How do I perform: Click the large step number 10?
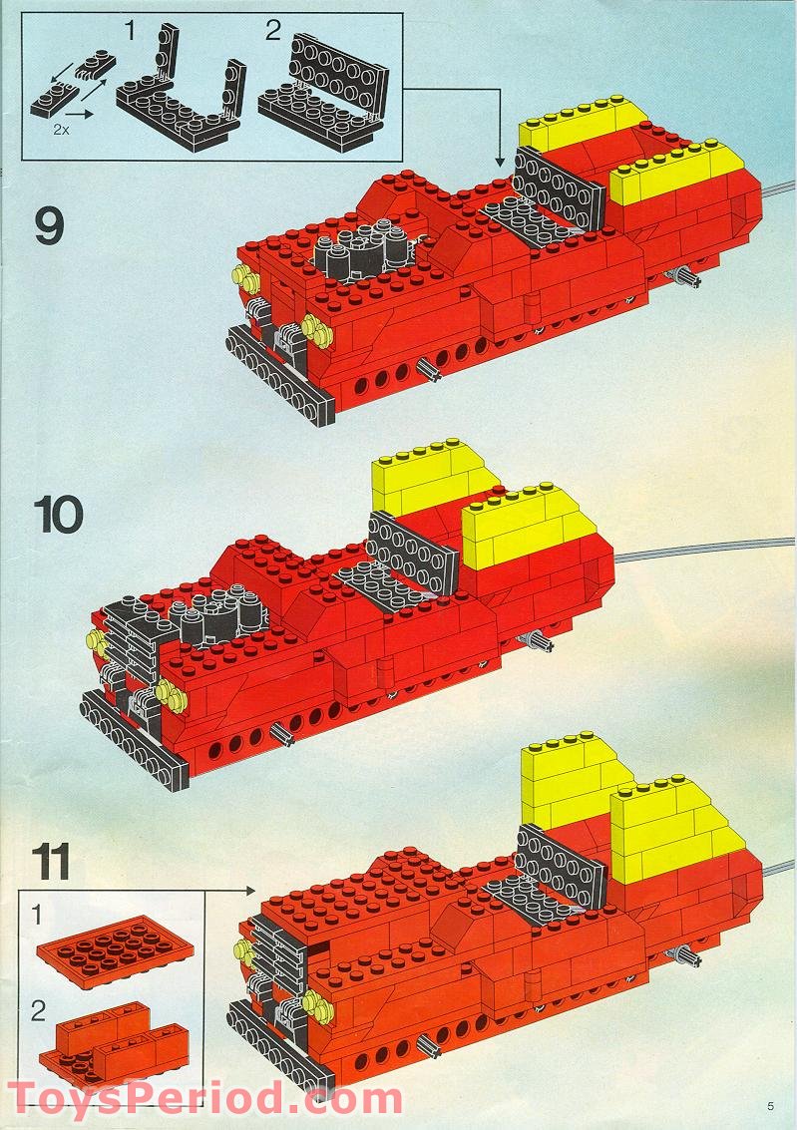pos(58,515)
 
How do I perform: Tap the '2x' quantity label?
pos(62,131)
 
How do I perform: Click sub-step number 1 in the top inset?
pos(130,31)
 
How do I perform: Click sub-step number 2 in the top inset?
pos(273,31)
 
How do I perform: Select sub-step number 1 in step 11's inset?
pos(38,916)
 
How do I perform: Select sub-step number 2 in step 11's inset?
pos(38,1011)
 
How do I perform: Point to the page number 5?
pos(771,1107)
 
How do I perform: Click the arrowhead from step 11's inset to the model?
pos(249,892)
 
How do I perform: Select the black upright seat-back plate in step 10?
pos(412,552)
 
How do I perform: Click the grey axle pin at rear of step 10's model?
pos(537,640)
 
